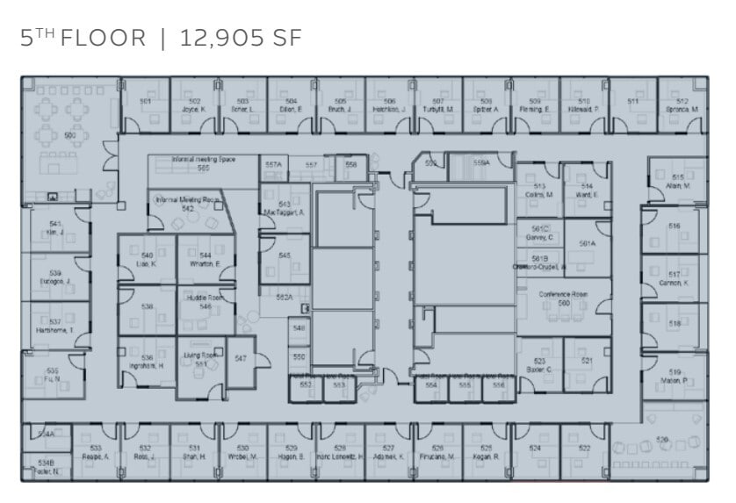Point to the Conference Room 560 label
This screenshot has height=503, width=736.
tap(563, 298)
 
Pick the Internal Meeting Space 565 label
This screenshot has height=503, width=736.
tap(203, 163)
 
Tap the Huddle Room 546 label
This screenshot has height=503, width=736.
tap(205, 302)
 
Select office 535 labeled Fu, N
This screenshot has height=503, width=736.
tap(53, 375)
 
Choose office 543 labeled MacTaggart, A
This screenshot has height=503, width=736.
tap(285, 208)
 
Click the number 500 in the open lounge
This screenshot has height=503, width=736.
tap(69, 135)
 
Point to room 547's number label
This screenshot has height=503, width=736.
tap(240, 358)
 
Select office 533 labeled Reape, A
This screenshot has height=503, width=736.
tap(96, 453)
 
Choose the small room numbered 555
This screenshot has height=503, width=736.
tap(465, 384)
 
